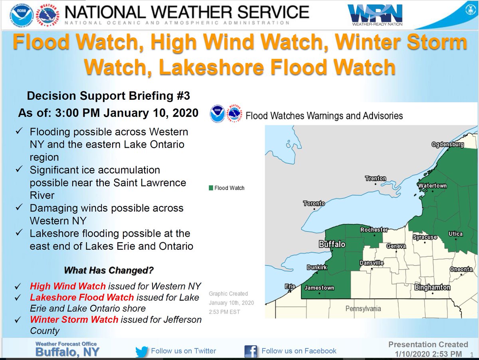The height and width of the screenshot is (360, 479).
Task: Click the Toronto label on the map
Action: click(314, 204)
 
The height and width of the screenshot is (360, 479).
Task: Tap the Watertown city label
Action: click(432, 186)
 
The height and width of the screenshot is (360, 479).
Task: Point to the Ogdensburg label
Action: click(447, 144)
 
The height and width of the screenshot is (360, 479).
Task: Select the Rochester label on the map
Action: click(374, 230)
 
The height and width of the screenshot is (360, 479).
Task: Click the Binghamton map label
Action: click(433, 287)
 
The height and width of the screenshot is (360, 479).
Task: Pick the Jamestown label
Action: click(319, 288)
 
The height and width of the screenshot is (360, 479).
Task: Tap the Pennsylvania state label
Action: click(363, 308)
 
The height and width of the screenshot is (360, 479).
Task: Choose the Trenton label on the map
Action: click(376, 178)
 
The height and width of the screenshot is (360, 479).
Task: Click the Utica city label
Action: click(455, 234)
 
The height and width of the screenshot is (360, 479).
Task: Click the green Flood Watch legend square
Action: click(211, 188)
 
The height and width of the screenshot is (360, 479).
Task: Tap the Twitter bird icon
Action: click(142, 352)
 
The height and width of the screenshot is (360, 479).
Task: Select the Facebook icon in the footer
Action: click(250, 352)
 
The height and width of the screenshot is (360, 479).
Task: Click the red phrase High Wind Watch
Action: click(68, 286)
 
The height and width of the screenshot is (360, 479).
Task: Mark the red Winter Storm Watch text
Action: click(74, 320)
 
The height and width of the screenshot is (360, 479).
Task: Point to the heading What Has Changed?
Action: click(109, 270)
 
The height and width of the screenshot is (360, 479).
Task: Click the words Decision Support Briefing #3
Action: click(109, 96)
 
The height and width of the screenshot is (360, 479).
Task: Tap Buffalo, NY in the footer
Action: click(67, 352)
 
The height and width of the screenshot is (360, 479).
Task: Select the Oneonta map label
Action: click(461, 269)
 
